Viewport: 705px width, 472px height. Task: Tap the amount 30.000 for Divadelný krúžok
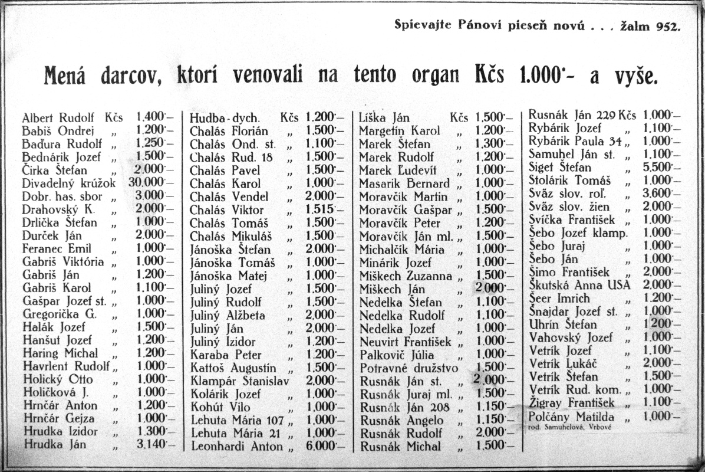(x=146, y=183)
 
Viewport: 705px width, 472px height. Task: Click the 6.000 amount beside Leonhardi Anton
(x=319, y=447)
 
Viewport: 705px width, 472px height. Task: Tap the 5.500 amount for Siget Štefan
(x=658, y=167)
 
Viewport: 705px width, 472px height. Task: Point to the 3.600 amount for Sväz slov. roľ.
(x=658, y=194)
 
